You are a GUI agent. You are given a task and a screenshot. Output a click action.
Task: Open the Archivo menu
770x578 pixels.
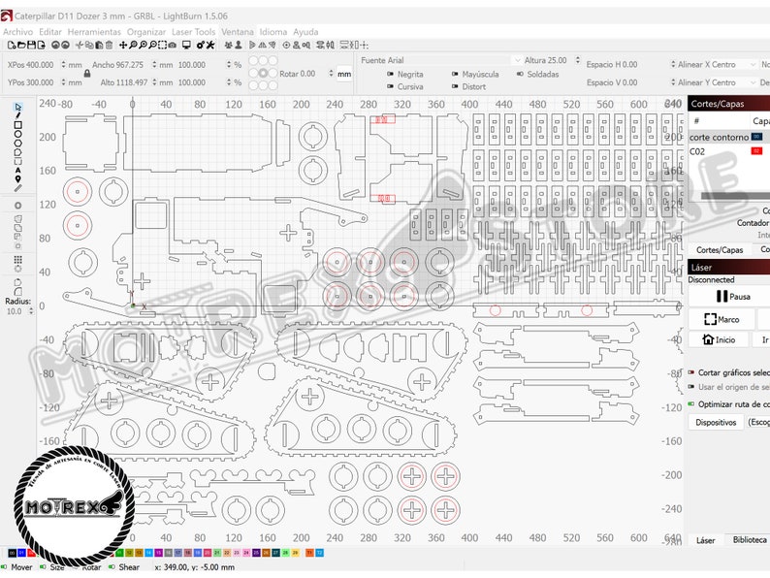pyautogui.click(x=18, y=32)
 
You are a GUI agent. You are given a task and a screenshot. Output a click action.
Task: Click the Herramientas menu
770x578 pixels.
pyautogui.click(x=94, y=32)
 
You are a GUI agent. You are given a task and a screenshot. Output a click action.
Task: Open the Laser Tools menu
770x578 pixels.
pyautogui.click(x=194, y=32)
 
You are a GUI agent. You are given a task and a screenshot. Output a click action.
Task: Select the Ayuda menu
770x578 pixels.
pyautogui.click(x=305, y=32)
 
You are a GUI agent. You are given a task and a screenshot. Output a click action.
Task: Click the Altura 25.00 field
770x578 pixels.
pyautogui.click(x=552, y=60)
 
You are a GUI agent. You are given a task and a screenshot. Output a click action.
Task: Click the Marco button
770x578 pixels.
pyautogui.click(x=722, y=319)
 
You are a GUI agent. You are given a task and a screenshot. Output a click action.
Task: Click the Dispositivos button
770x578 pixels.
pyautogui.click(x=716, y=422)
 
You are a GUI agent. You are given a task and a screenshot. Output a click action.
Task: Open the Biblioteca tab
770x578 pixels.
pyautogui.click(x=750, y=540)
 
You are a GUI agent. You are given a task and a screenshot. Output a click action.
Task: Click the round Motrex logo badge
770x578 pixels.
pyautogui.click(x=74, y=505)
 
